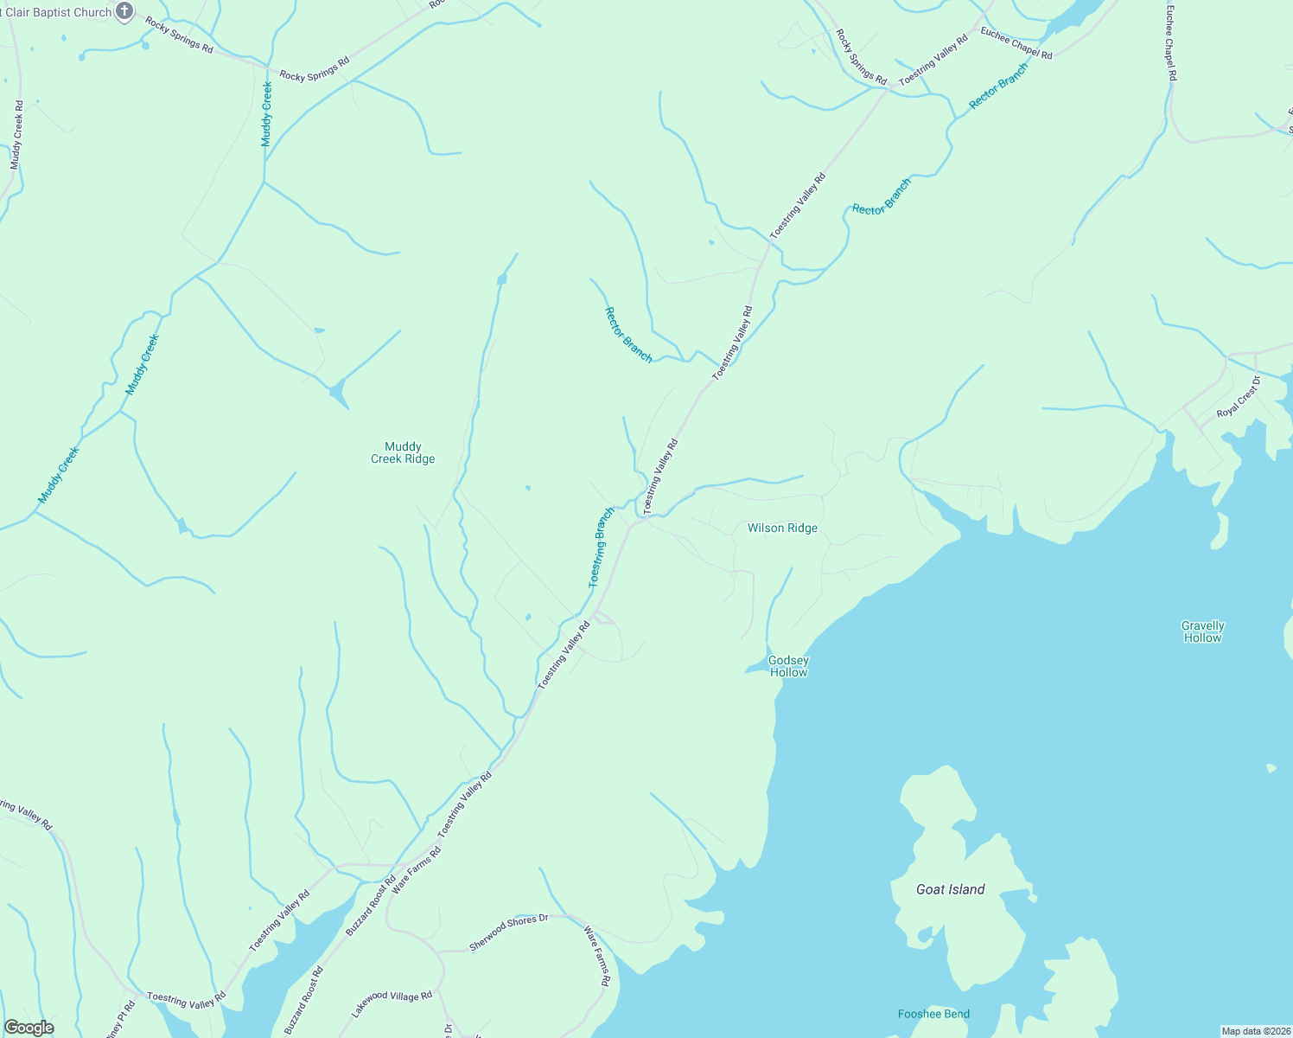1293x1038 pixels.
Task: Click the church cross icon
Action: click(124, 11)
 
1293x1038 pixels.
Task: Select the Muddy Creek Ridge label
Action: click(403, 453)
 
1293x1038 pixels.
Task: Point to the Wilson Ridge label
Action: click(782, 528)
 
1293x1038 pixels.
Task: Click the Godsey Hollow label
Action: click(788, 666)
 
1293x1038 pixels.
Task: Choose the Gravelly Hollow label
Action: click(1203, 631)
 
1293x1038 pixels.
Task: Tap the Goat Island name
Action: click(950, 889)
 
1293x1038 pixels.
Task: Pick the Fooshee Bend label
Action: click(933, 1014)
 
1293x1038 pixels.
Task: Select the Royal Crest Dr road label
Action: click(1239, 397)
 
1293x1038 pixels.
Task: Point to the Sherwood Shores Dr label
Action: click(508, 933)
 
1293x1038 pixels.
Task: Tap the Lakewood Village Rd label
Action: click(392, 1004)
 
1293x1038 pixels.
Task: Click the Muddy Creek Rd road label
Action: click(17, 135)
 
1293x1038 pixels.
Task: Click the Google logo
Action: click(29, 1028)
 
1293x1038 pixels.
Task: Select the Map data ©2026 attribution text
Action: click(1255, 1031)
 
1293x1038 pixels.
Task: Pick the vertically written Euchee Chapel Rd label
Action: click(1171, 43)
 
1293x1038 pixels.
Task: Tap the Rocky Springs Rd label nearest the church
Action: click(179, 35)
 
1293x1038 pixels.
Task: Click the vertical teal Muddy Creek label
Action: click(267, 114)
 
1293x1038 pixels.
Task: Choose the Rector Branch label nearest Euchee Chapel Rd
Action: click(998, 86)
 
